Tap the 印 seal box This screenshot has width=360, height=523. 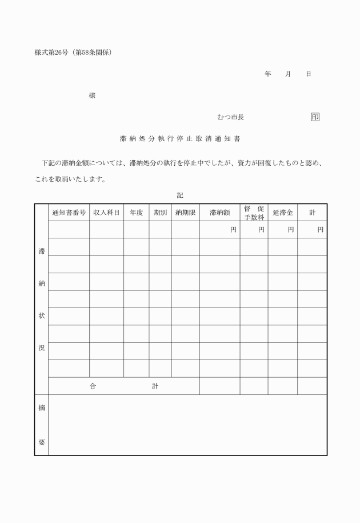tap(315, 117)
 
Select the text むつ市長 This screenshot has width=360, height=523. tap(230, 117)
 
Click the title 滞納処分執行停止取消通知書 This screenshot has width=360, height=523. tap(180, 138)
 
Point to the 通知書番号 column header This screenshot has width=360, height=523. tap(69, 213)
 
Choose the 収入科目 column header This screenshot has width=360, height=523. tap(106, 213)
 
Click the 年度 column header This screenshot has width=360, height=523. tap(136, 213)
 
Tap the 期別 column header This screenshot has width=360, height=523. tap(160, 213)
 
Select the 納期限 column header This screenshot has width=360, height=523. tap(185, 213)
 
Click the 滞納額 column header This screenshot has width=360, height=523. tap(219, 213)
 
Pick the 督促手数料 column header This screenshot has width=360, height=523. tap(254, 213)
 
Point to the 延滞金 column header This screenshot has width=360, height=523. tap(283, 213)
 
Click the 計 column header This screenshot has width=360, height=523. tap(313, 213)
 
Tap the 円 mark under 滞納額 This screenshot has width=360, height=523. tap(233, 230)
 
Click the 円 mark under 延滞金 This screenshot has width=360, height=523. tap(291, 230)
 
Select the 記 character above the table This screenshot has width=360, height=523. tap(180, 195)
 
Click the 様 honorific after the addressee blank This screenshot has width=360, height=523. tap(92, 95)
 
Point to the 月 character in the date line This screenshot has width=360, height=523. tap(288, 74)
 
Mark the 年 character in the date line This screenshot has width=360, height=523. tap(267, 74)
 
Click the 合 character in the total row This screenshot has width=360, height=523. tap(93, 386)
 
